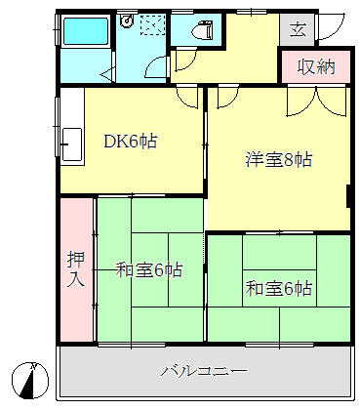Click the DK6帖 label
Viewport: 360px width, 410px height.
click(x=131, y=142)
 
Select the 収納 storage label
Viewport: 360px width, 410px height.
click(x=317, y=67)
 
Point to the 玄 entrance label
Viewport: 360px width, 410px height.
click(x=298, y=29)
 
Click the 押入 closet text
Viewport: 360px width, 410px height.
click(x=75, y=269)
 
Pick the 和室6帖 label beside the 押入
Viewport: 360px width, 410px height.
click(x=149, y=270)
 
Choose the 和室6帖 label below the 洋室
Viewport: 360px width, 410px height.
click(x=278, y=288)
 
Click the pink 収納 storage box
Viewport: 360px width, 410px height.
click(x=317, y=67)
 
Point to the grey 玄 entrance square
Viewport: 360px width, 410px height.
click(x=298, y=29)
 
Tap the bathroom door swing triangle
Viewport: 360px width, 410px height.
click(x=109, y=68)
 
